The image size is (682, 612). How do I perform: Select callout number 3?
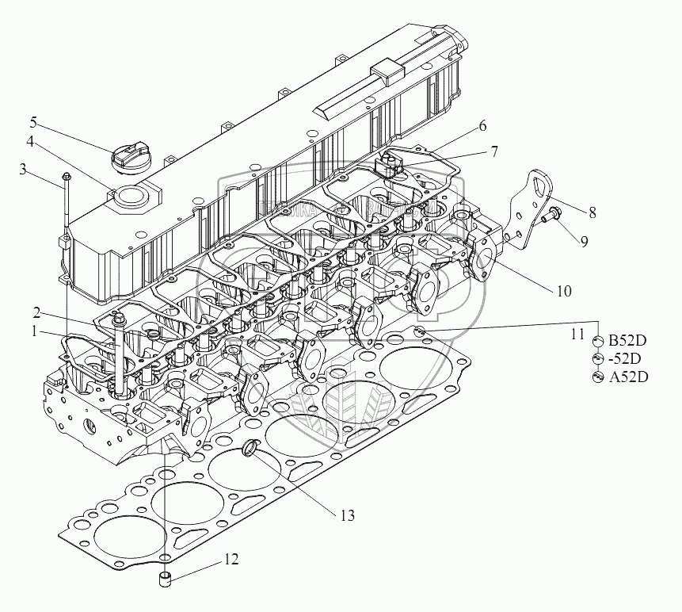[24, 169]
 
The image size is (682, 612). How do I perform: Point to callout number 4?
[29, 143]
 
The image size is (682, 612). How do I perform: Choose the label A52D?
[628, 377]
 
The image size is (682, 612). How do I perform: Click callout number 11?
[578, 334]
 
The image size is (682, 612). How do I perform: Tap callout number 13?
[347, 515]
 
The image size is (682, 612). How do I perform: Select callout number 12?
[230, 560]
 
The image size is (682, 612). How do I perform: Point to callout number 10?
[562, 290]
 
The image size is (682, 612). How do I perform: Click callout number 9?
[583, 241]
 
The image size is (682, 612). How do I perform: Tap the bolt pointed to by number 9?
[553, 212]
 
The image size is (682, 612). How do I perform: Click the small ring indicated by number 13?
[250, 449]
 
